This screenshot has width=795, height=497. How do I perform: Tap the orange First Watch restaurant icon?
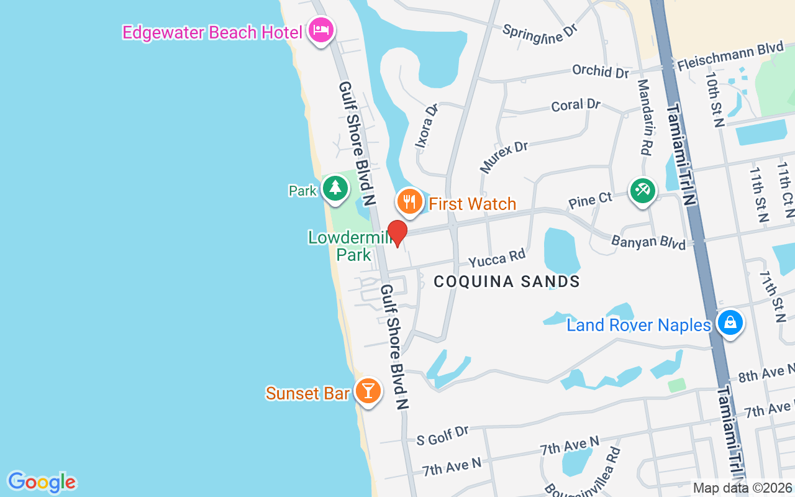(x=409, y=201)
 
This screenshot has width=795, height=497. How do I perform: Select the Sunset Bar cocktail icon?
(x=368, y=391)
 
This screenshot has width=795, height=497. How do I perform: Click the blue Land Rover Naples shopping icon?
(x=730, y=323)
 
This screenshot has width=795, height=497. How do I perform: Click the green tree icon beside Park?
(x=335, y=188)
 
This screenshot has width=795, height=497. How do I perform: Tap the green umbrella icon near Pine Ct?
(x=642, y=190)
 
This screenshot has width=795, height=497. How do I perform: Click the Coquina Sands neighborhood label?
(x=507, y=281)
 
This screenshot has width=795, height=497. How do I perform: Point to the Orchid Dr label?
(x=601, y=71)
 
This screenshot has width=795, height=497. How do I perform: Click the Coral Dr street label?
(x=576, y=105)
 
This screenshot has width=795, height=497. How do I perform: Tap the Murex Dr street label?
(x=503, y=157)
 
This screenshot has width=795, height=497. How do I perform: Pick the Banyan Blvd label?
(x=648, y=241)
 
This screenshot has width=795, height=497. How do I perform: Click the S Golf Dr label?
(x=443, y=435)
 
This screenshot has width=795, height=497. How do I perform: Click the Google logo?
(x=42, y=482)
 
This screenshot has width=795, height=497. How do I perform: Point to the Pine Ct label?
(x=590, y=199)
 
